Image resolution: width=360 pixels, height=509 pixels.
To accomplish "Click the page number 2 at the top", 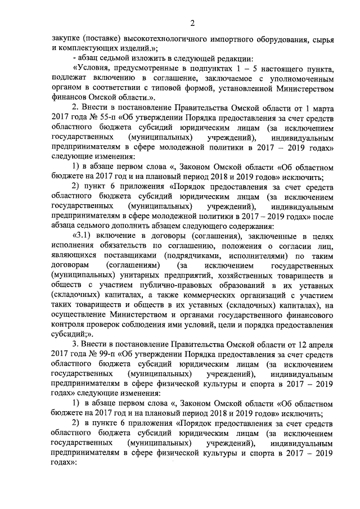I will coord(191,23).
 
